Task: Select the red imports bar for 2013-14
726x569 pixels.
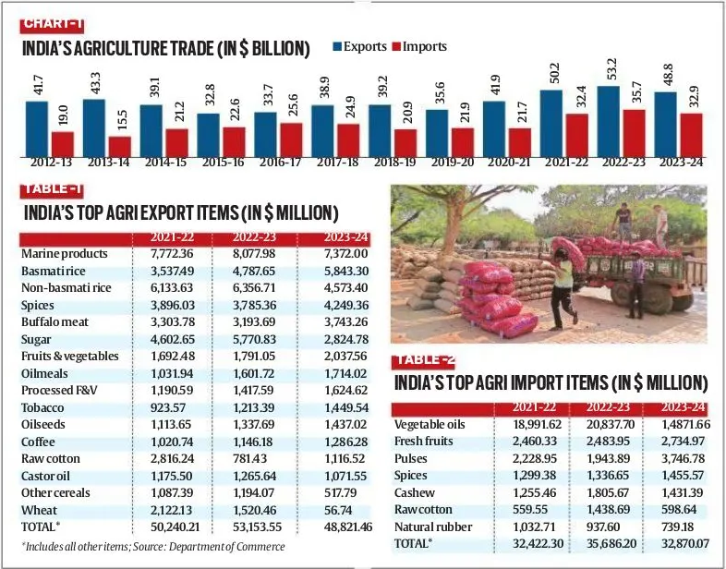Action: [120, 146]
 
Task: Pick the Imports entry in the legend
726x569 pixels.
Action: [420, 46]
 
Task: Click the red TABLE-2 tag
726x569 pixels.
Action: [426, 360]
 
